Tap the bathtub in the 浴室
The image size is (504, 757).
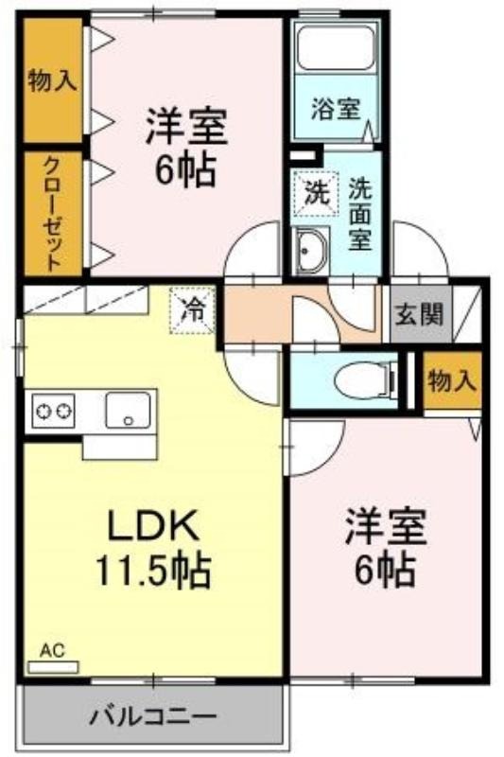336,48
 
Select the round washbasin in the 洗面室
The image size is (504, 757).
310,250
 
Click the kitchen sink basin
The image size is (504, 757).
128,411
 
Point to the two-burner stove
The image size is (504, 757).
53,411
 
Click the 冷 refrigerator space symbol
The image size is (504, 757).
192,310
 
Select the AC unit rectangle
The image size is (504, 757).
53,667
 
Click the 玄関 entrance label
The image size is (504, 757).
419,315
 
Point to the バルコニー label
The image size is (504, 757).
153,716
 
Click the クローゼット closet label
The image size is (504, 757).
53,214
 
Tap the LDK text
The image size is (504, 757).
153,525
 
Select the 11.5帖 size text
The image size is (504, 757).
153,570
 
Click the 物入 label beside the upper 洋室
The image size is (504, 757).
52,80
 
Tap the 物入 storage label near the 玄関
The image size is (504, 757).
452,381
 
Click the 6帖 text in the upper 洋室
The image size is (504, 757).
185,171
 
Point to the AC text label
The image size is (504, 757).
52,651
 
